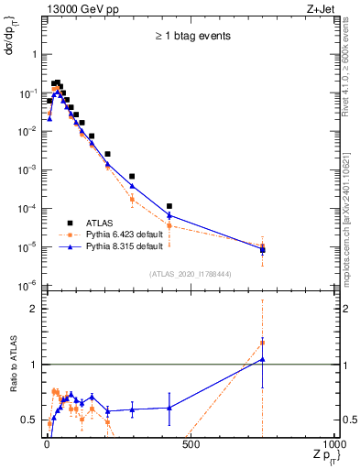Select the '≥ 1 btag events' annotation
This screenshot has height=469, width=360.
tap(191, 37)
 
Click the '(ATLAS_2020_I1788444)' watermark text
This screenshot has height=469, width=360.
tap(191, 273)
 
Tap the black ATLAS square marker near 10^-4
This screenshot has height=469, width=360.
tap(169, 206)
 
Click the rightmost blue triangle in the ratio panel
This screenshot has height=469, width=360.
tap(263, 359)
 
